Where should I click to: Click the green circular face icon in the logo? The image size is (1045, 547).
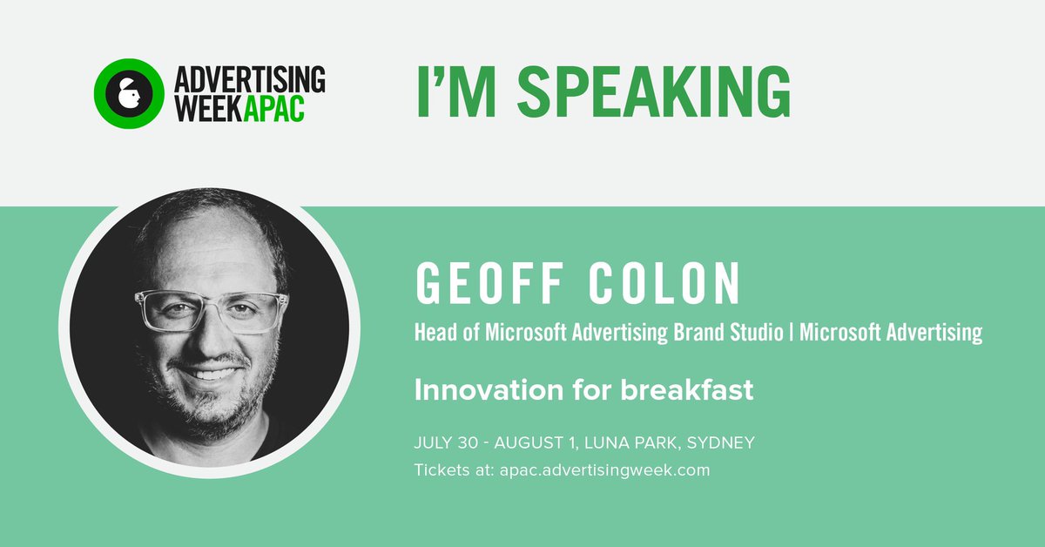pos(129,93)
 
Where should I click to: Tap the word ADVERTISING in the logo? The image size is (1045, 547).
pos(249,80)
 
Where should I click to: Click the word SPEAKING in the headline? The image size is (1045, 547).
pos(655,91)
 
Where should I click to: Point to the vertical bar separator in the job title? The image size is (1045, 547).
pos(792,334)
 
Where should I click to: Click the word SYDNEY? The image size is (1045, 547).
pos(720,443)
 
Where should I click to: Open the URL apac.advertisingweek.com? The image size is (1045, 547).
pos(605,470)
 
